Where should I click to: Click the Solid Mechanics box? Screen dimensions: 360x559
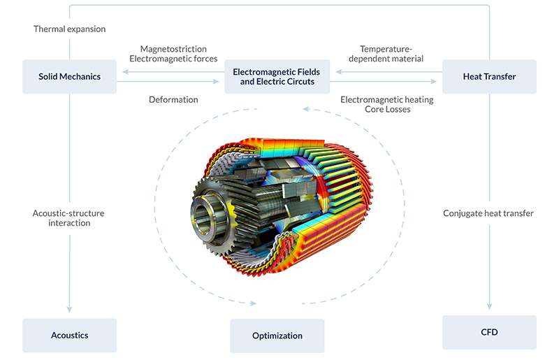[x=69, y=76]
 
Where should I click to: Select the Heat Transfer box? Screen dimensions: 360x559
[x=489, y=76]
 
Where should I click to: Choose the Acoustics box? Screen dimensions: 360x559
[x=69, y=335]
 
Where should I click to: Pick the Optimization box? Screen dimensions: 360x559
[x=277, y=336]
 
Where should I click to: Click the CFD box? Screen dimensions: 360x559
[x=489, y=332]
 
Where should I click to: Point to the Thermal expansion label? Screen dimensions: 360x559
[x=69, y=29]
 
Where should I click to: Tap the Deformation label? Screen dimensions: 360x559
[x=173, y=99]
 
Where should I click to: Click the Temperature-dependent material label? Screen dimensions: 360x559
[x=391, y=54]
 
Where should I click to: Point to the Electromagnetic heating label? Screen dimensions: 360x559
[x=386, y=99]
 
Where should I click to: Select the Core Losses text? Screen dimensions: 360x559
[x=387, y=110]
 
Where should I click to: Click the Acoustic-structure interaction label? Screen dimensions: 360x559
[x=69, y=217]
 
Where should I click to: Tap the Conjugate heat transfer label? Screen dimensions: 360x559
[x=488, y=213]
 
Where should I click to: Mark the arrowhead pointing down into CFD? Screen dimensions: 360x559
[x=489, y=307]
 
